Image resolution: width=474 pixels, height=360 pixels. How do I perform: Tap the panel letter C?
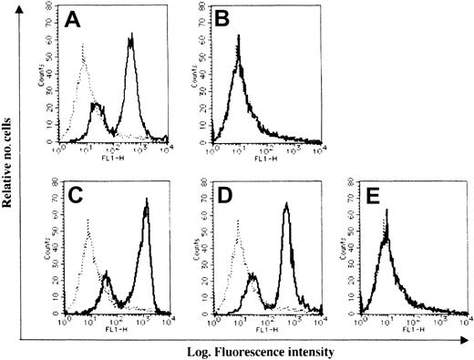click(79, 198)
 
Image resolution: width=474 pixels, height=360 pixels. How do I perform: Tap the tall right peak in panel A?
click(131, 38)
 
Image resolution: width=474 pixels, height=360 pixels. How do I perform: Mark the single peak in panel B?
click(238, 38)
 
